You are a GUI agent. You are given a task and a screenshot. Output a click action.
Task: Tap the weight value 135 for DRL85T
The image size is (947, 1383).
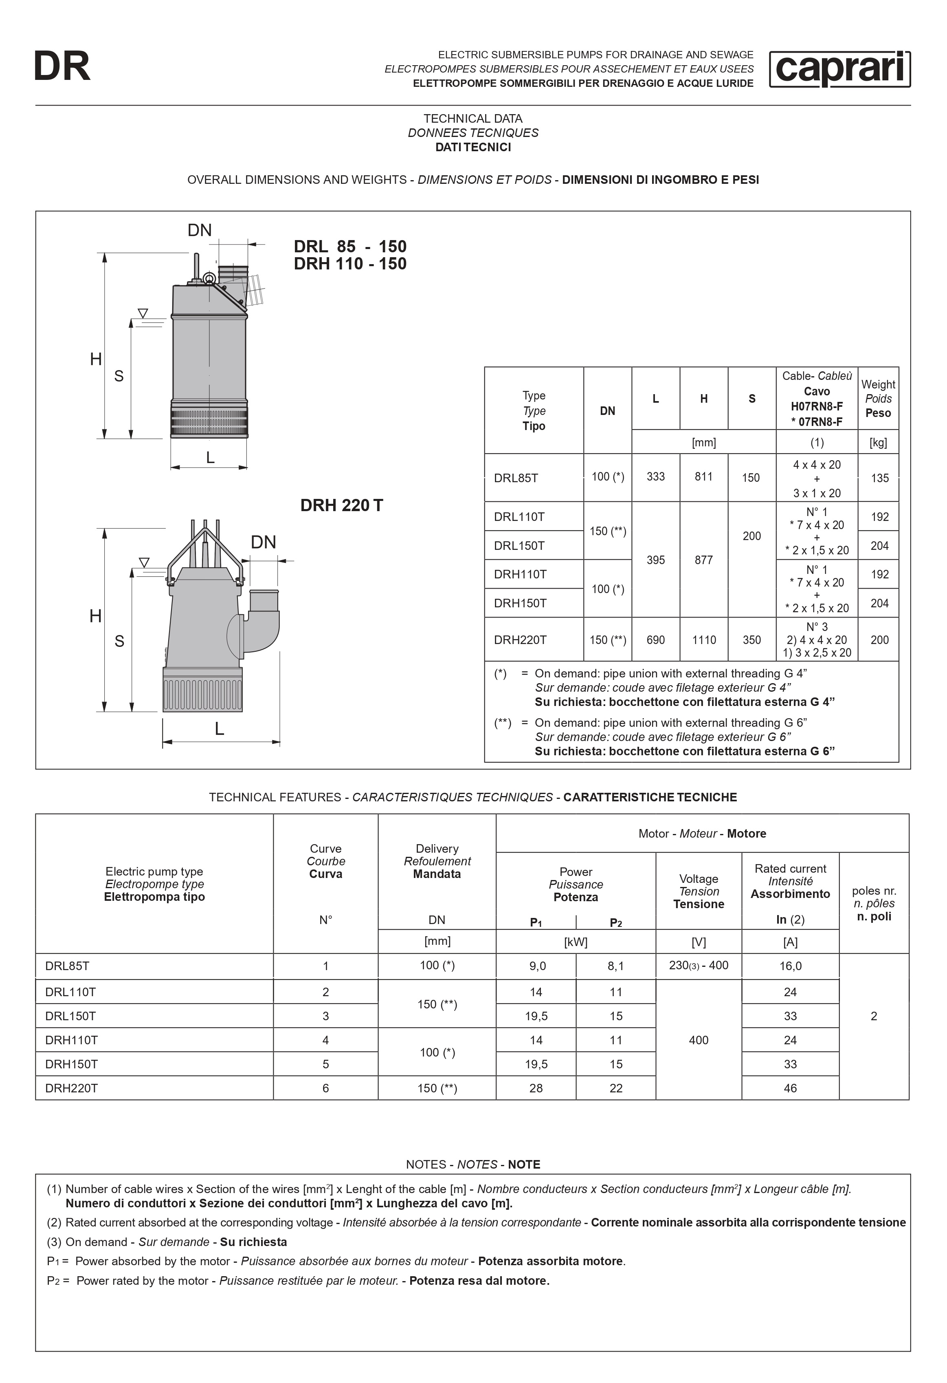coord(879,478)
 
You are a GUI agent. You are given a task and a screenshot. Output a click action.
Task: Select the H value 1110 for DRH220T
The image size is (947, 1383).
coord(704,640)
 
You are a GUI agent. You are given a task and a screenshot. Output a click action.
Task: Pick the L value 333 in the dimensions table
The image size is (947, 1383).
coord(655,476)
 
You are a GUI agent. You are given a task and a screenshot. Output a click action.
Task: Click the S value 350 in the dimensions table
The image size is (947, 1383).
coord(751,640)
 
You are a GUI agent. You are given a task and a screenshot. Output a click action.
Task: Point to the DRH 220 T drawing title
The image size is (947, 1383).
coord(341,505)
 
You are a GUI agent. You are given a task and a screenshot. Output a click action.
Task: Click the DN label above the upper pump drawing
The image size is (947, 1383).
coord(199,230)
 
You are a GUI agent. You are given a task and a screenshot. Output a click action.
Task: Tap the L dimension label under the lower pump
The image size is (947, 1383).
coord(220,729)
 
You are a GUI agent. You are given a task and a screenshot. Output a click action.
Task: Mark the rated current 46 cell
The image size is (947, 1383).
coord(790,1088)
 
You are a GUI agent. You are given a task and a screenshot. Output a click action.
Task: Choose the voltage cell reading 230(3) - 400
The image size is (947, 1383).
coord(699,965)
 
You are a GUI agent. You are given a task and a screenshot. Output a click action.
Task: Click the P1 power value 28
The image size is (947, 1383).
coord(536,1088)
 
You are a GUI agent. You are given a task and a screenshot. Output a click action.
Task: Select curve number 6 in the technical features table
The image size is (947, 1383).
coord(325,1088)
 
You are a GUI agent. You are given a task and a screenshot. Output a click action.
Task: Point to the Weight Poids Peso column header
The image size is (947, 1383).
coord(878,399)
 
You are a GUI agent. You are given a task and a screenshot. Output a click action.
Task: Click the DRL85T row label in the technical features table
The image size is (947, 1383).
coord(67,966)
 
